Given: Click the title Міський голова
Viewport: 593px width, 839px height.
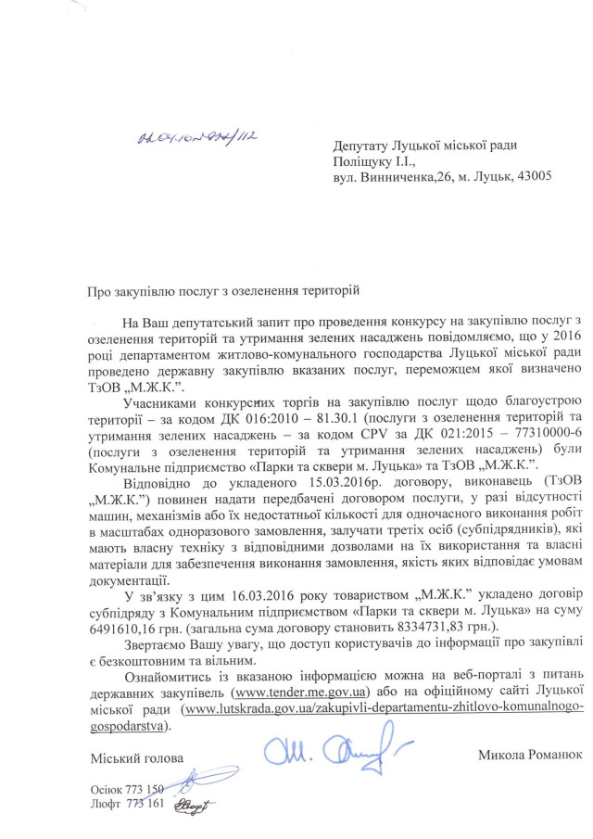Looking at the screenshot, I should click(x=130, y=759).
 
